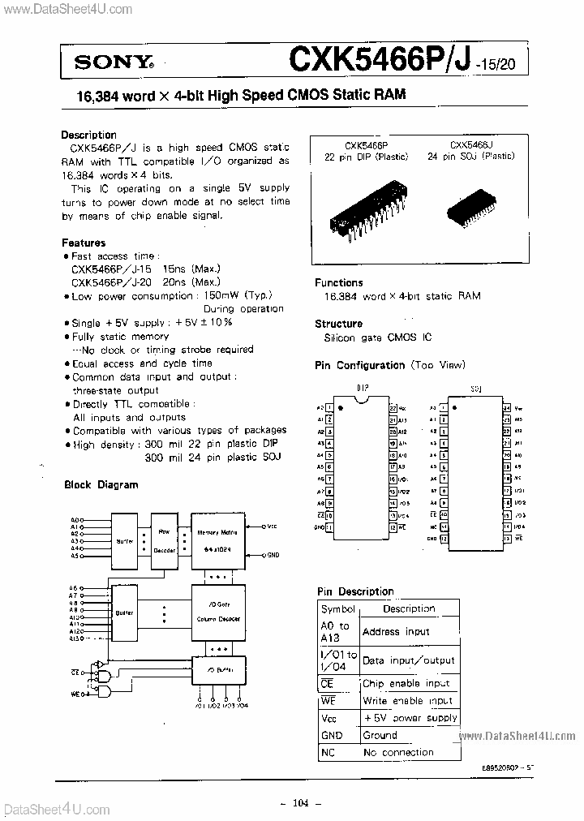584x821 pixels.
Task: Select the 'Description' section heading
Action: point(89,135)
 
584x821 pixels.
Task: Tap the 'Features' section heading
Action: point(84,243)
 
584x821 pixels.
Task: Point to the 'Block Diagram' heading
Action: point(101,484)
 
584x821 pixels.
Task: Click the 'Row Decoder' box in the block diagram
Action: point(165,540)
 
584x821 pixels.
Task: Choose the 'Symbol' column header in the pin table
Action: point(337,609)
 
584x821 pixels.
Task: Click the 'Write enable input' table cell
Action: point(408,701)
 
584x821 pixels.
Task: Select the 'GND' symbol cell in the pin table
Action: point(332,735)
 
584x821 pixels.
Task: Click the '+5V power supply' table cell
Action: point(410,718)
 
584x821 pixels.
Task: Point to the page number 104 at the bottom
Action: point(300,803)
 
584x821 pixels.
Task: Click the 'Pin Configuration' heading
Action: point(359,366)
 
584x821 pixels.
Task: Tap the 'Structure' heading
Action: point(338,324)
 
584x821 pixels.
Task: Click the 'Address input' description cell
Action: point(397,631)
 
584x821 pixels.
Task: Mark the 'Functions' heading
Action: point(339,282)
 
